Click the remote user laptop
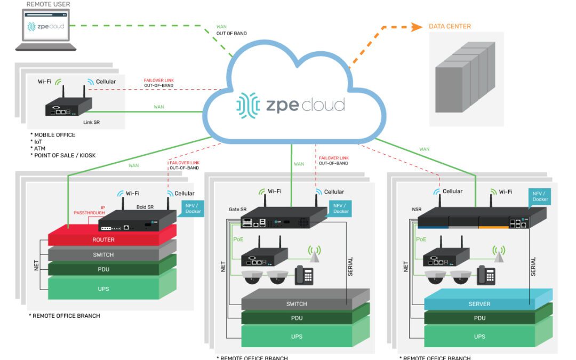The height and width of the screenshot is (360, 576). coord(45,30)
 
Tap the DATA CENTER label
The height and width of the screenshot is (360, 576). coord(450,26)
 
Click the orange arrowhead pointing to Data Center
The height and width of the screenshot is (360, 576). coord(417,27)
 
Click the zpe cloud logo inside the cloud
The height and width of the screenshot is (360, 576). coord(291,105)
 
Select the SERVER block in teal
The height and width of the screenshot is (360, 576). coord(479,304)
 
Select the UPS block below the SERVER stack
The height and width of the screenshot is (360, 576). coord(479,337)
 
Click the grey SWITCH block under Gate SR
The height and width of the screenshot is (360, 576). coord(297,304)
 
